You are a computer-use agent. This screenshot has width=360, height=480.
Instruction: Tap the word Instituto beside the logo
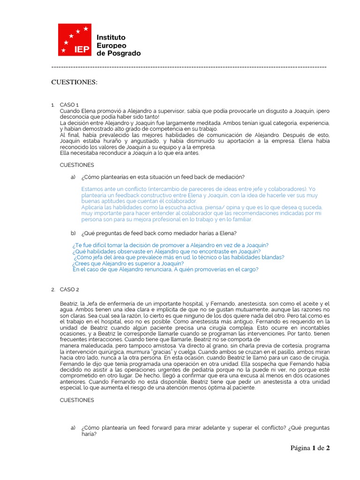(111, 37)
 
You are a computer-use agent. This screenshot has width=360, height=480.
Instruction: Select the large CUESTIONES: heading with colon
(75, 82)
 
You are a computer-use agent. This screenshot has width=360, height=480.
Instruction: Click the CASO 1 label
(69, 105)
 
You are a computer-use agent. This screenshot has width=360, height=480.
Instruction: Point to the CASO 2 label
(69, 289)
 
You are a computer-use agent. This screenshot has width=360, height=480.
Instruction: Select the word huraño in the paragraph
(116, 141)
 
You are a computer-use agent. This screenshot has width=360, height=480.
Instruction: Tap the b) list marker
(73, 233)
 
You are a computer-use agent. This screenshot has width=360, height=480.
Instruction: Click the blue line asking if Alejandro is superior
(128, 263)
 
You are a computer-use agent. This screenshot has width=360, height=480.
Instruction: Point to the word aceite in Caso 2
(309, 304)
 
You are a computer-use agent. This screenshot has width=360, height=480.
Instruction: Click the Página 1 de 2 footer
(310, 448)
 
